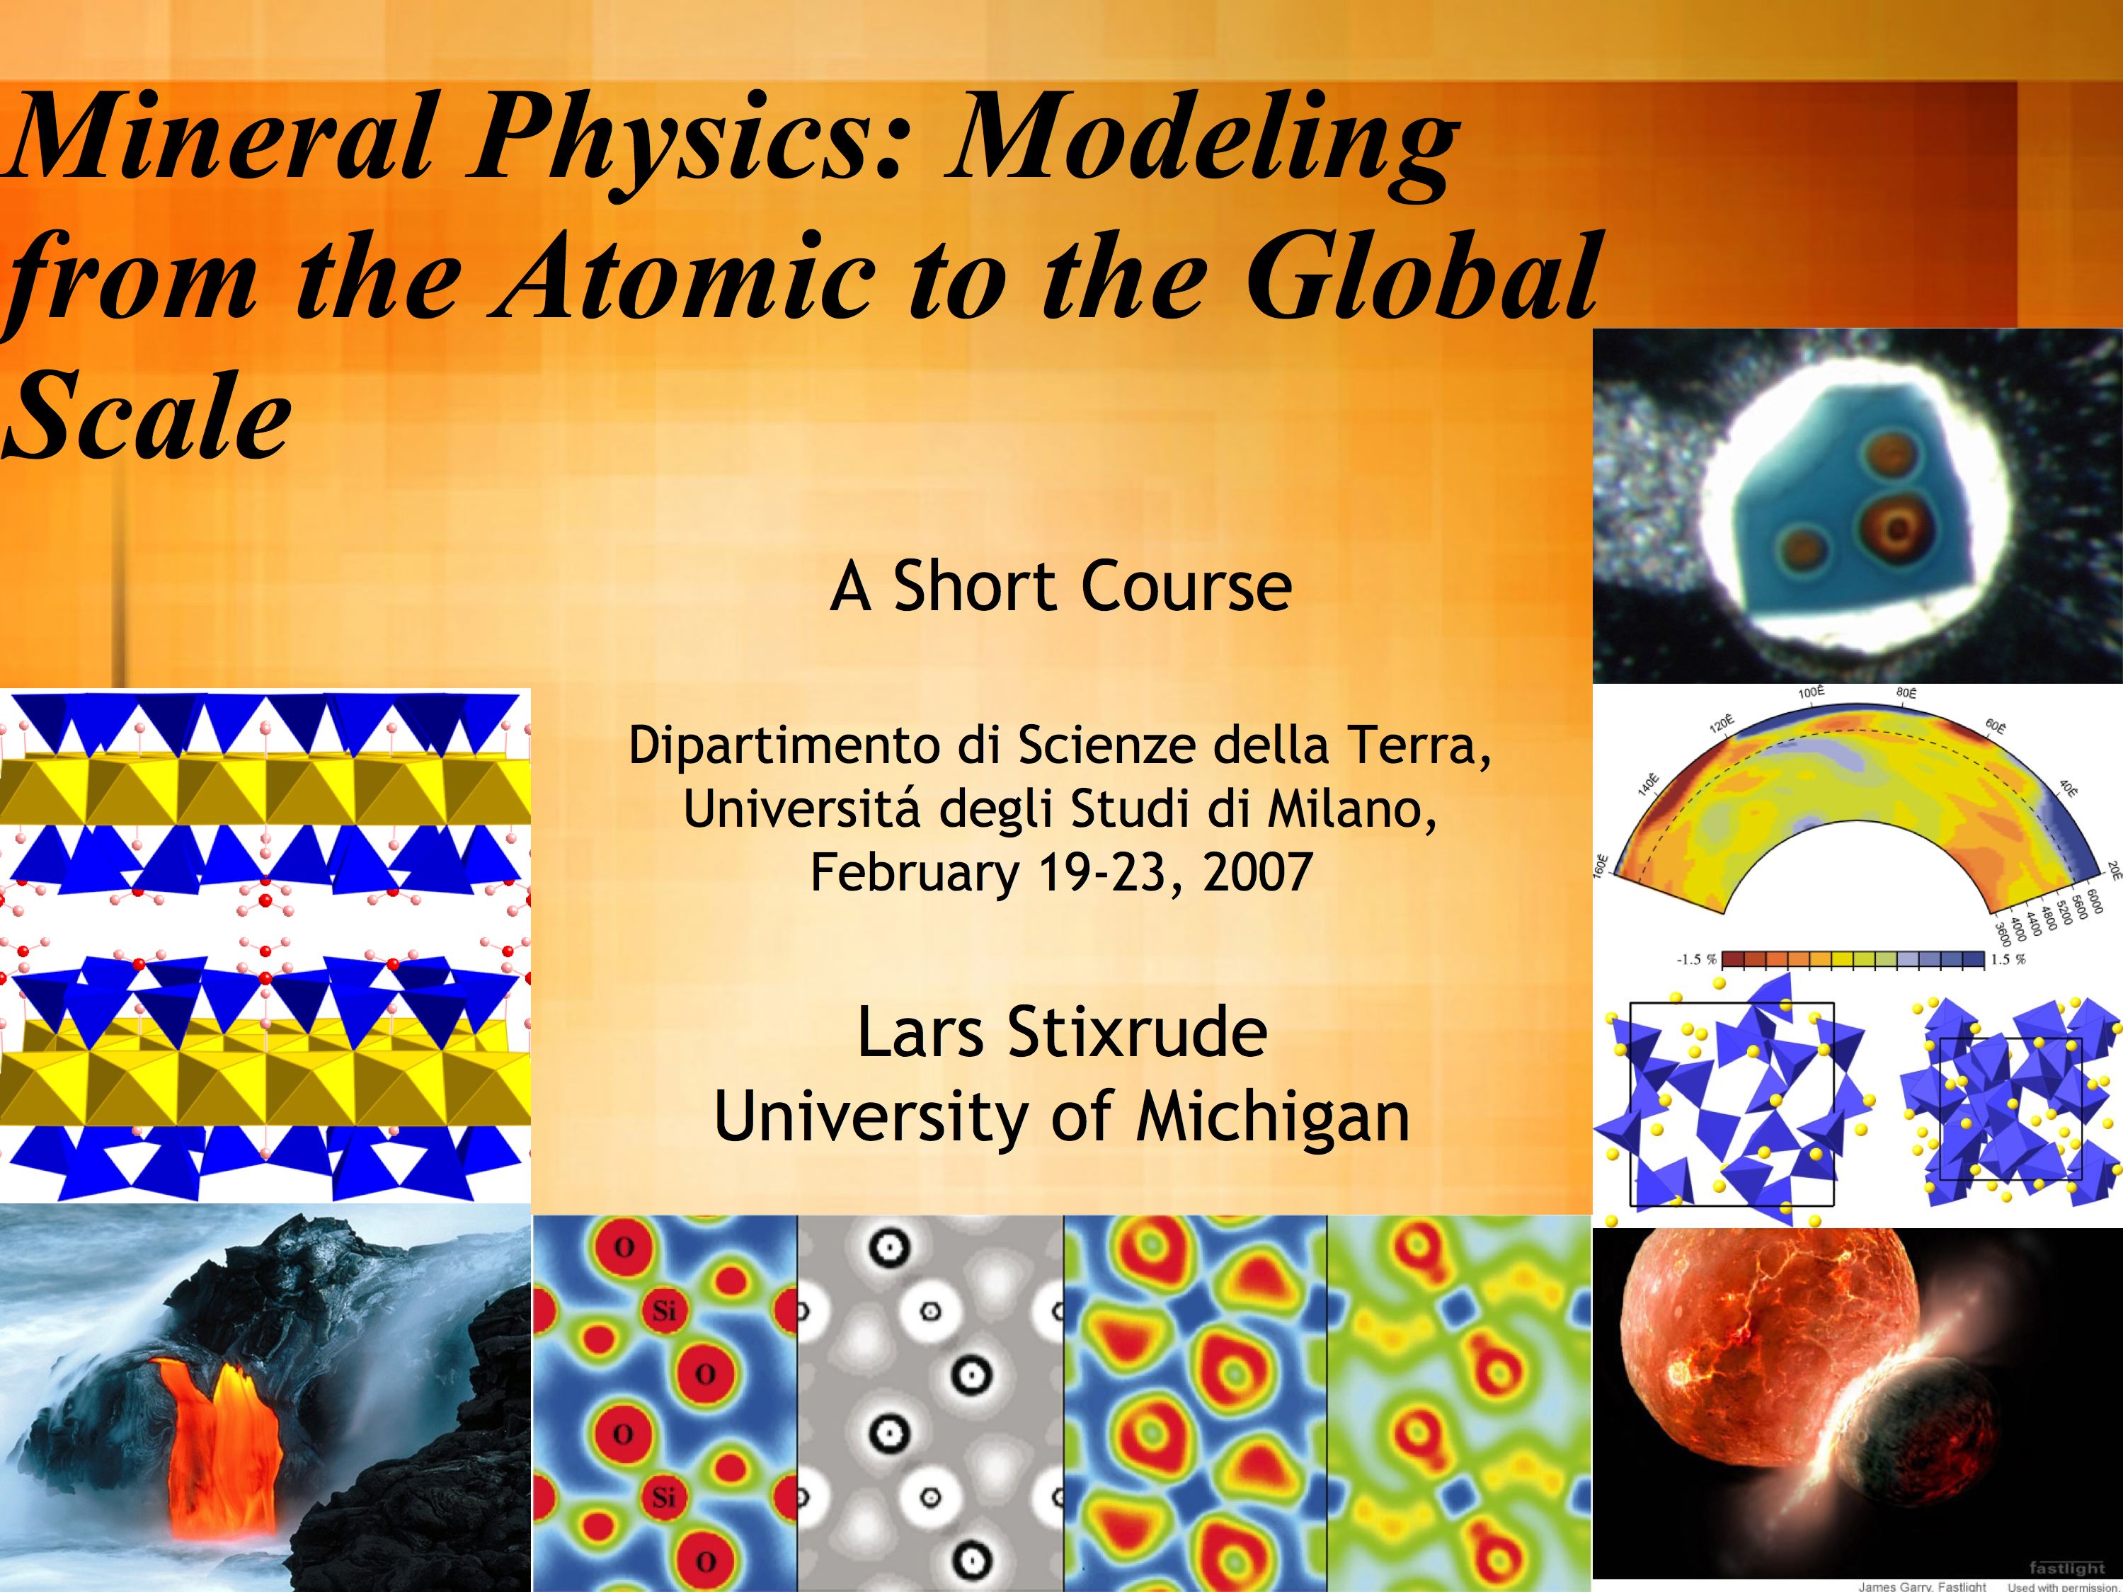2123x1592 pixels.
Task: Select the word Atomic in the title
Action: click(685, 278)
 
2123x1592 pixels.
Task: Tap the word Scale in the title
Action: click(146, 415)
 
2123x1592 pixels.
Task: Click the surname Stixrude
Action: click(1138, 1033)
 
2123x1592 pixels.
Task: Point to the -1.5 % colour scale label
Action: click(1696, 958)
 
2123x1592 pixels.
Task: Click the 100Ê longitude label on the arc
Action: click(1811, 692)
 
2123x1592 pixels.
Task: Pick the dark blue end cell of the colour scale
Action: click(1972, 958)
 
